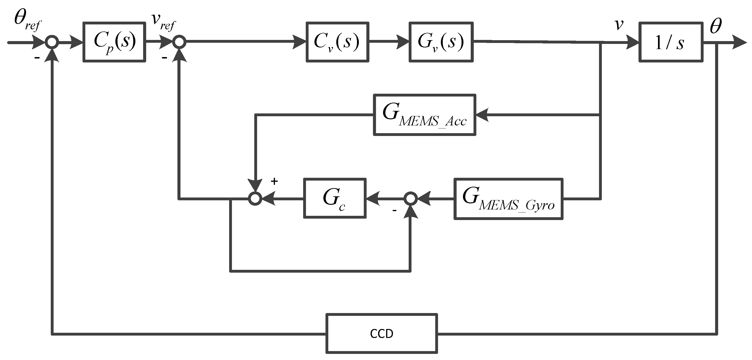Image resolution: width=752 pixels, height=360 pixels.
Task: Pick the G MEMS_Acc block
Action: click(x=424, y=115)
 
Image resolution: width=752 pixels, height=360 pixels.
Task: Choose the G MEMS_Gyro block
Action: click(x=508, y=199)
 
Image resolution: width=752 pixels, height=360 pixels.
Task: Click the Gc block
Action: click(x=335, y=198)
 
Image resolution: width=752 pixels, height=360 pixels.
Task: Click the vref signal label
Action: click(x=164, y=22)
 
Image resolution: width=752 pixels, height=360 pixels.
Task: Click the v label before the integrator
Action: click(x=619, y=25)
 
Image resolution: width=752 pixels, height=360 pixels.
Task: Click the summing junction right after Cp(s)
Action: click(x=179, y=42)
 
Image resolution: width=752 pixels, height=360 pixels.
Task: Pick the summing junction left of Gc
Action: click(x=255, y=199)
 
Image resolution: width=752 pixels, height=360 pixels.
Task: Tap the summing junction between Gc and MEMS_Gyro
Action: click(x=411, y=199)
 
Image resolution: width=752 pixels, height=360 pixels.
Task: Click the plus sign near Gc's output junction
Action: click(x=274, y=181)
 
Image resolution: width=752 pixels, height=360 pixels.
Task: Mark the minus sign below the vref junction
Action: click(x=164, y=58)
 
